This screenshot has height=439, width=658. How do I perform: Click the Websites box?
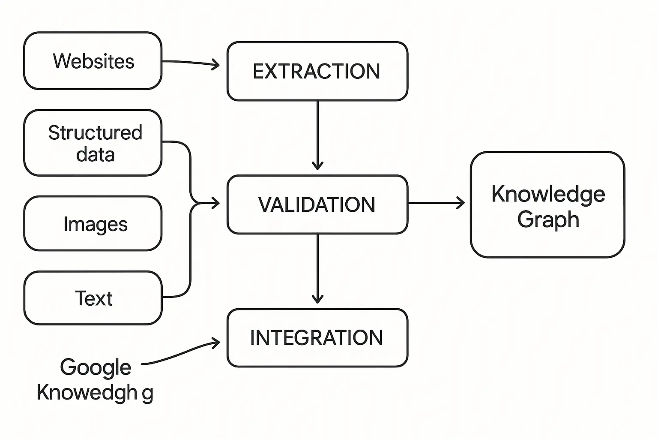[x=93, y=61]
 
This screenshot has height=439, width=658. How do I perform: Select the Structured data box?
[x=93, y=143]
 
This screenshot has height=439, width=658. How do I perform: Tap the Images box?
[x=93, y=223]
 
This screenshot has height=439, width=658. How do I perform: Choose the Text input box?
[x=93, y=298]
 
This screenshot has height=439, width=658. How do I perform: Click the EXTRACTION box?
[x=317, y=71]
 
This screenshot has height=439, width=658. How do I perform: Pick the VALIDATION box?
[x=317, y=204]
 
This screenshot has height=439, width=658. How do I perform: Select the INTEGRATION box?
[x=317, y=338]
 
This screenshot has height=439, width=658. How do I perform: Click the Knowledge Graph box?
[x=547, y=204]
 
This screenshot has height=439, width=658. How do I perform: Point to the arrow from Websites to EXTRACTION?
[x=191, y=63]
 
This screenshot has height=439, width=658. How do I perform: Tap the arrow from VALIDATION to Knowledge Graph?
[x=436, y=203]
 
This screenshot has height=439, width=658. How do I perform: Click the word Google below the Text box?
[x=96, y=368]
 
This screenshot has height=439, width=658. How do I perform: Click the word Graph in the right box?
[x=548, y=220]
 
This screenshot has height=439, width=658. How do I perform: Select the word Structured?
[x=95, y=132]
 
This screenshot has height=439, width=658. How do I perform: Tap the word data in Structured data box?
[x=95, y=154]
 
